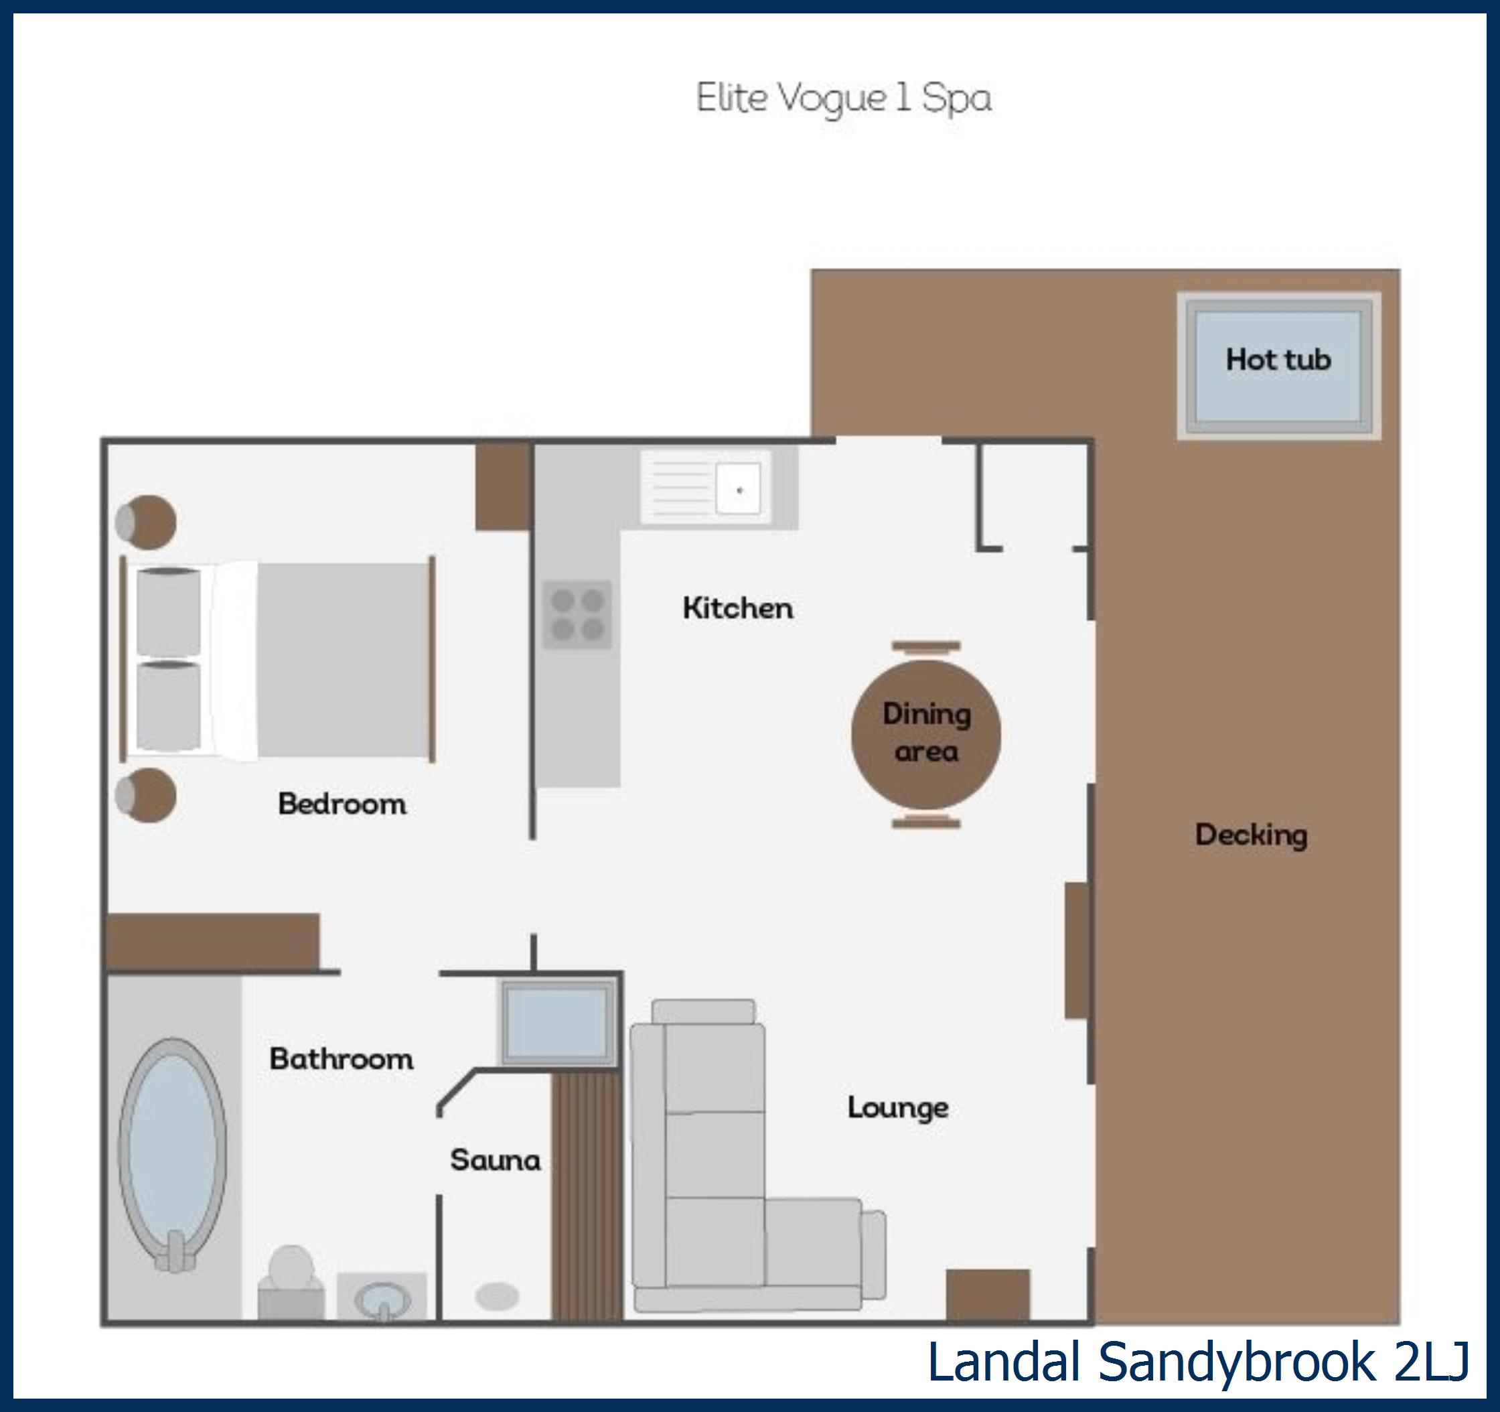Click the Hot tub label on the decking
(1278, 360)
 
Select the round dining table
(926, 733)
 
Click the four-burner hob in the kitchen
(577, 614)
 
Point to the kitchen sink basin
(738, 489)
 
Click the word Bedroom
(342, 804)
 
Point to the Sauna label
(496, 1160)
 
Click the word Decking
(1251, 835)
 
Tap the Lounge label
(897, 1108)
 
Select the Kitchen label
(737, 608)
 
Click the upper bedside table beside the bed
(147, 522)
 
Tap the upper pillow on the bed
(168, 612)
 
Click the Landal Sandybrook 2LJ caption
(1198, 1362)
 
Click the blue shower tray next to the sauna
(557, 1023)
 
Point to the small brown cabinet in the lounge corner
(988, 1295)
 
